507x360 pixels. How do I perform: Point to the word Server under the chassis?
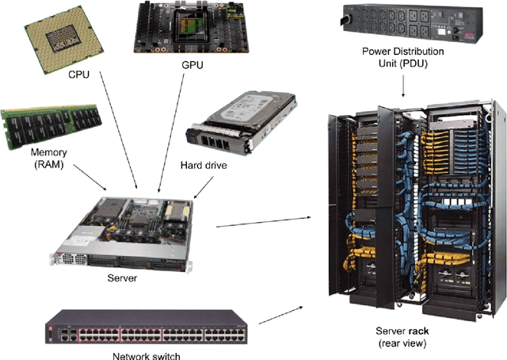coord(121,278)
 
